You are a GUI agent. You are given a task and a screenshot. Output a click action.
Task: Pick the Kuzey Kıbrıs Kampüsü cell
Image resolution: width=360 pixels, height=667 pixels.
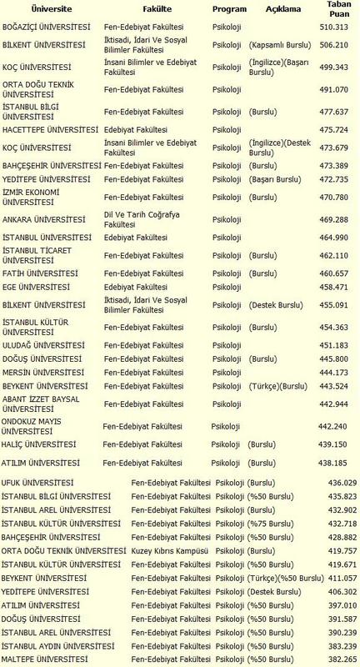tap(170, 551)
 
